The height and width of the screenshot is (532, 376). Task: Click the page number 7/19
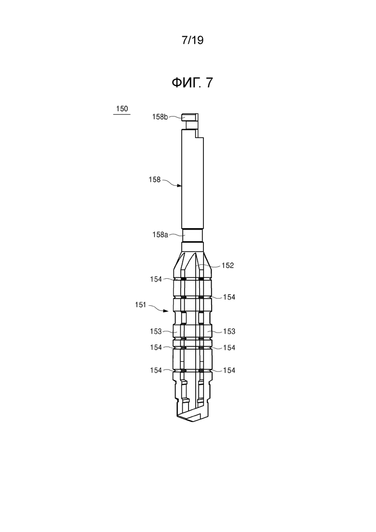click(192, 40)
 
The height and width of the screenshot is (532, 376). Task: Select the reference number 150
click(122, 109)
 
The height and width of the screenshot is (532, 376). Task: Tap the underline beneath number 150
click(121, 114)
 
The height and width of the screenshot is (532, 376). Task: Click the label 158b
click(160, 117)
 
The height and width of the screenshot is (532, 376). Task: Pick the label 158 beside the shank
click(155, 179)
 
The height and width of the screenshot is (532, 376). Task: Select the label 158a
click(160, 234)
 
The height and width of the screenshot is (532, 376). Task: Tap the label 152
click(228, 265)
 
